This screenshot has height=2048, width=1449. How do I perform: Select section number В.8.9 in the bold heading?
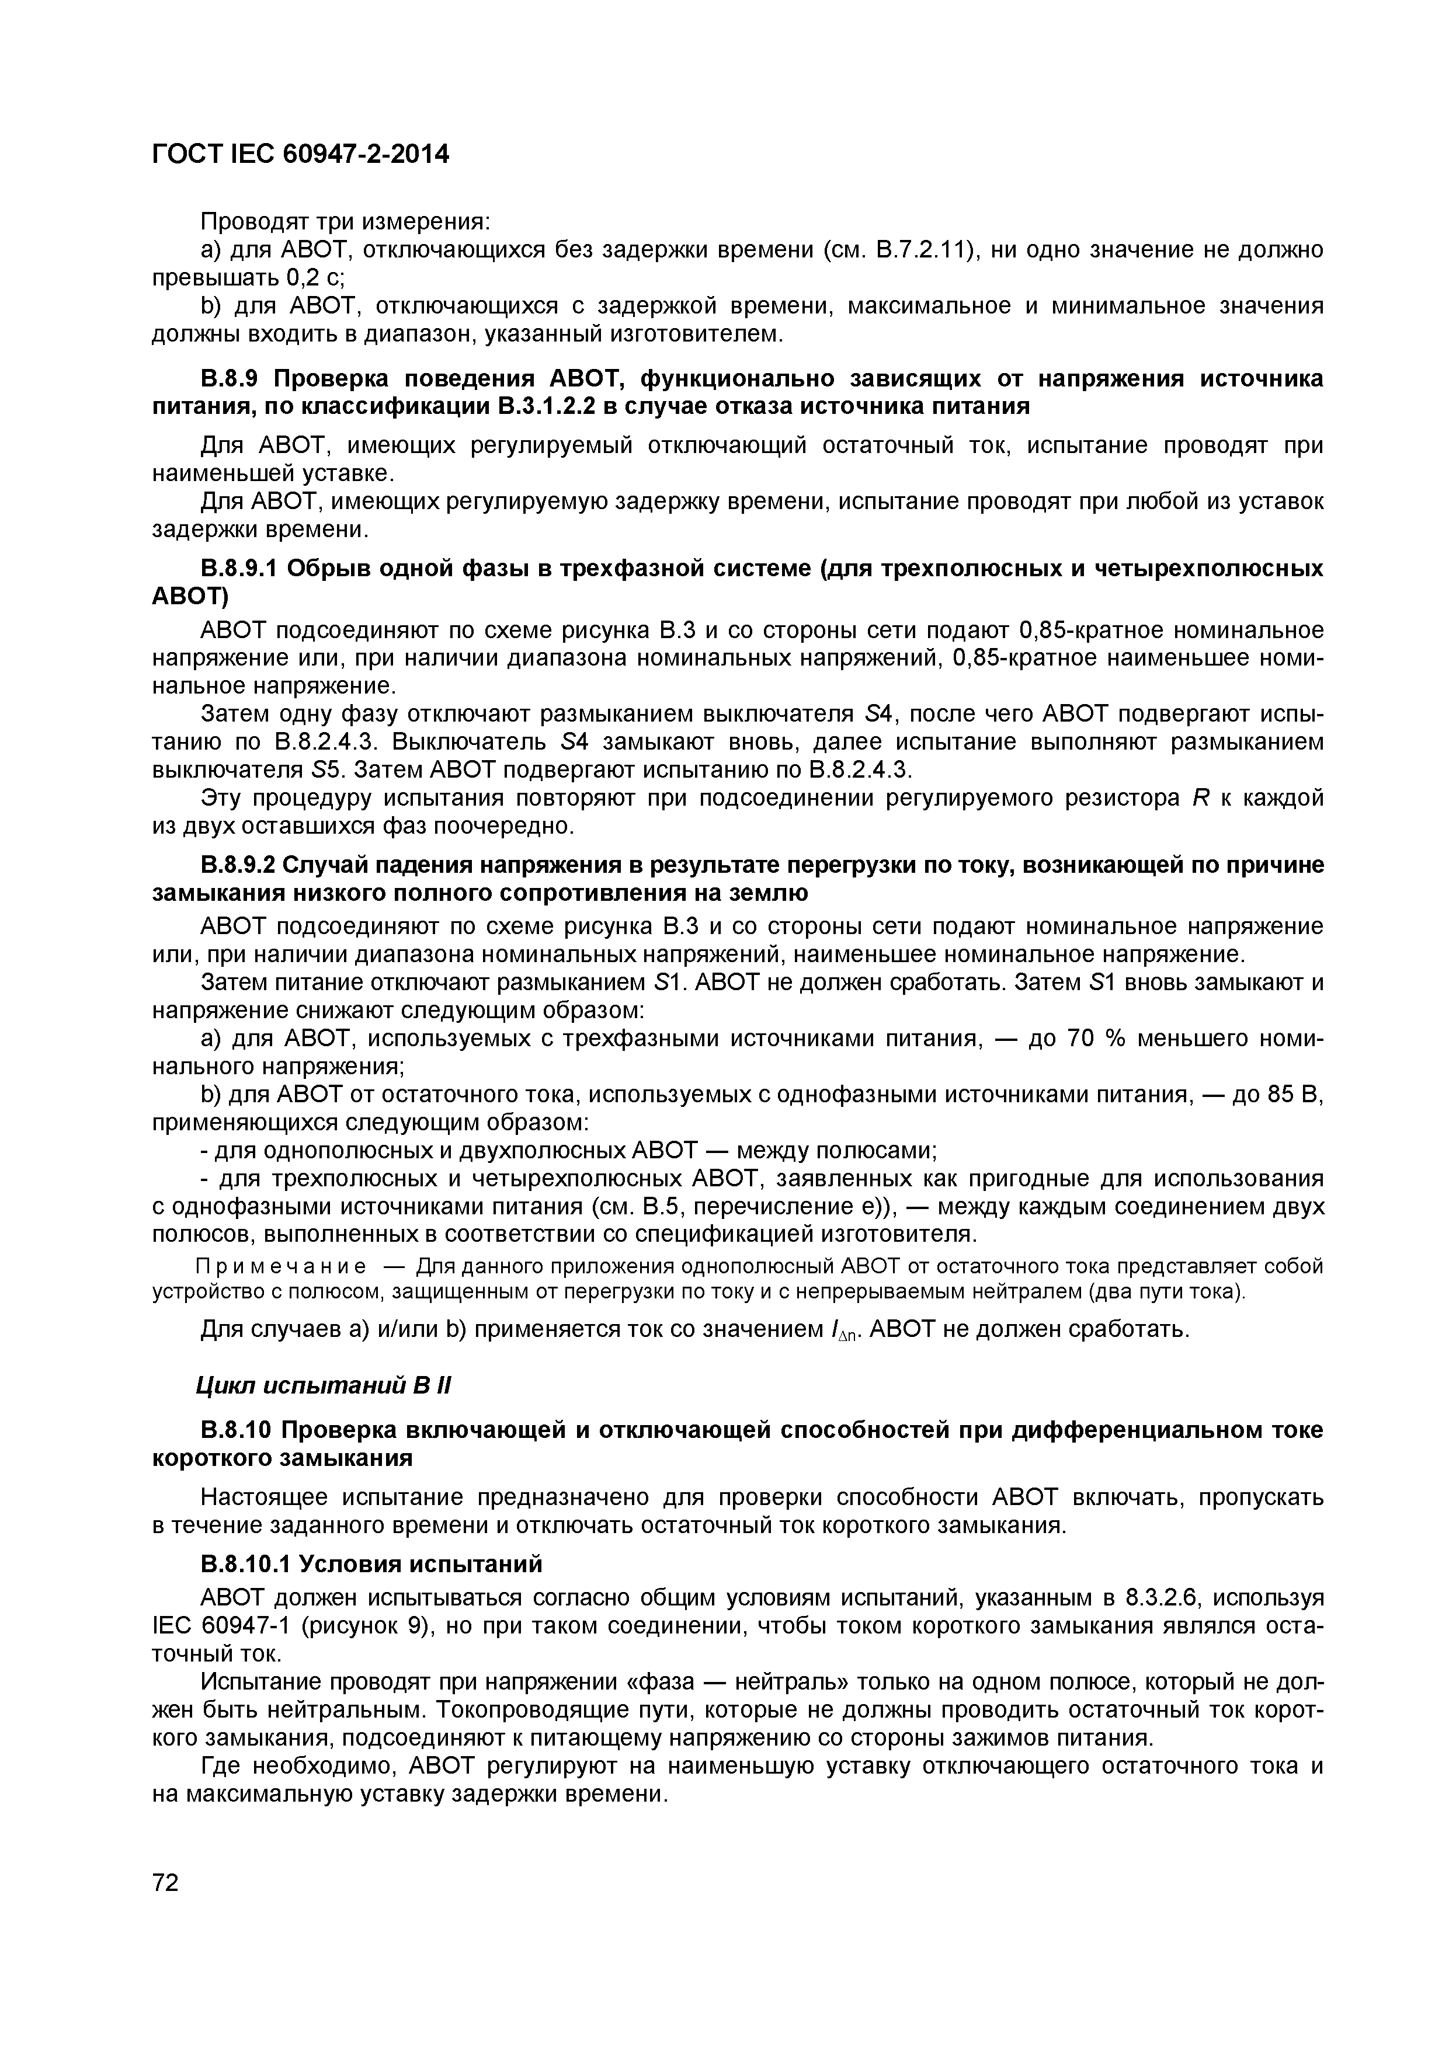tap(230, 378)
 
